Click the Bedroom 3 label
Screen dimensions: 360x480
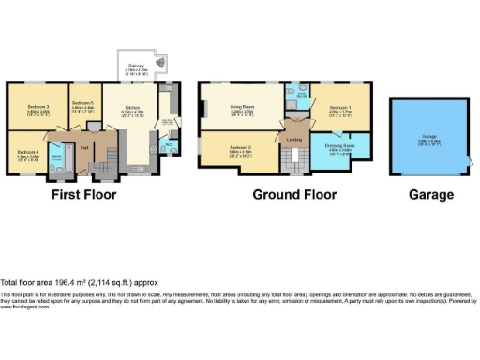coord(38,107)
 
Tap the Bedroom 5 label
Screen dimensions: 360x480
coord(82,102)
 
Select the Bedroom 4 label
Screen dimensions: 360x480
coord(27,151)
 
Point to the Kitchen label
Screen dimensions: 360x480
coord(132,107)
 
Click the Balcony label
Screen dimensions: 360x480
coord(137,65)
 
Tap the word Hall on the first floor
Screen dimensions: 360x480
coord(83,148)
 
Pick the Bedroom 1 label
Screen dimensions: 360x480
coord(339,110)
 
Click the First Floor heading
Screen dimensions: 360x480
coord(84,196)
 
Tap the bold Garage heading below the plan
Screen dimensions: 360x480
coord(430,196)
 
